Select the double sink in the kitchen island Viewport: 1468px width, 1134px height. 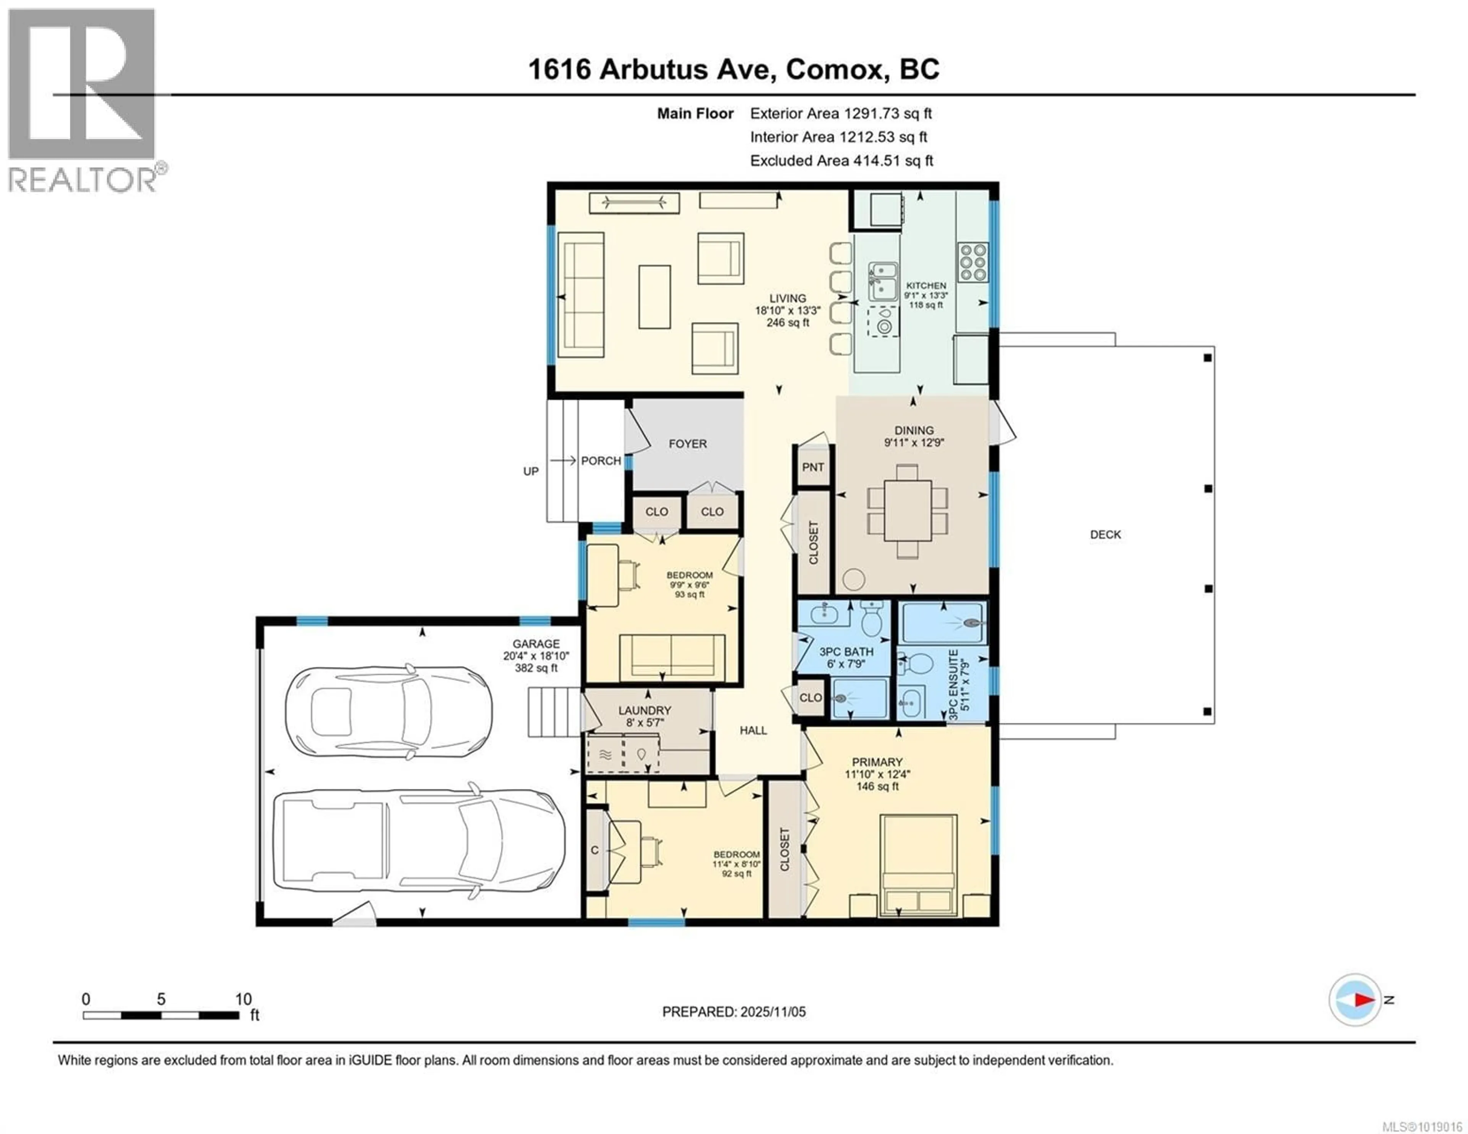883,281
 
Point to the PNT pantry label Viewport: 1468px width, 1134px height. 813,467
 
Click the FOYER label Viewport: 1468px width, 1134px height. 688,444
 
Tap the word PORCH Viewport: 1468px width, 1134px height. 601,461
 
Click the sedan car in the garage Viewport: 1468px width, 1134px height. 388,711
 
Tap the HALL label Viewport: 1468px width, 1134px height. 753,730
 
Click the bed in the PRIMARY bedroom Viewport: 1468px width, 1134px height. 918,865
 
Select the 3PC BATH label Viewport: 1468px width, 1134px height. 846,651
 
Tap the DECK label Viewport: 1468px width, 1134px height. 1105,534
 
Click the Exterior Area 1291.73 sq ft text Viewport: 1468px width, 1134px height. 840,114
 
